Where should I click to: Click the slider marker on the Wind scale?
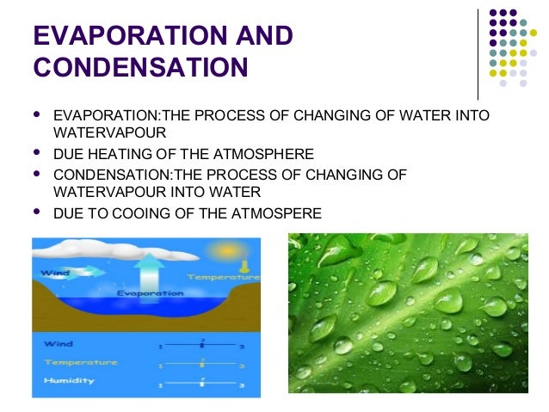[202, 343]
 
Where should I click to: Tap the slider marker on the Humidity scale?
[202, 380]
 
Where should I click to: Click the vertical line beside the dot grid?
[478, 54]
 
